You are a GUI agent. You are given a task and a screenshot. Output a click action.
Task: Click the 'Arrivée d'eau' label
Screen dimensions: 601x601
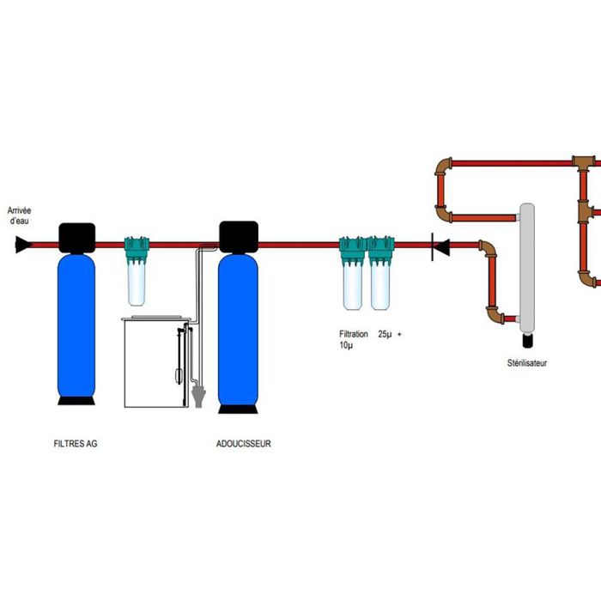(20, 215)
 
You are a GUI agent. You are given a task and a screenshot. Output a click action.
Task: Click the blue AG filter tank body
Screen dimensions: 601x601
(76, 326)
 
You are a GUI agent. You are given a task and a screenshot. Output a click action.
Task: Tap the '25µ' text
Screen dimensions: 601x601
(385, 334)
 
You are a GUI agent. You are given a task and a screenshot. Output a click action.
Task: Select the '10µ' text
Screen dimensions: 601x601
(345, 345)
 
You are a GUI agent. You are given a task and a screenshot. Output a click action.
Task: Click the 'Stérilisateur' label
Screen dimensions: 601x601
(527, 363)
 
